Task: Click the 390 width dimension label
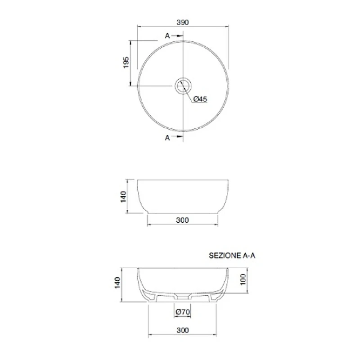pyautogui.click(x=183, y=22)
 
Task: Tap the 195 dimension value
pyautogui.click(x=126, y=62)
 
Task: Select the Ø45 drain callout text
pyautogui.click(x=200, y=99)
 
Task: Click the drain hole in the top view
pyautogui.click(x=183, y=85)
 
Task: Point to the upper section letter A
pyautogui.click(x=167, y=36)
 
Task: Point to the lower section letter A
pyautogui.click(x=167, y=138)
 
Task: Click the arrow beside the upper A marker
pyautogui.click(x=177, y=36)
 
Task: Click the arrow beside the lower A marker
pyautogui.click(x=177, y=137)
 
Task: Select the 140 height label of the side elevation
pyautogui.click(x=123, y=197)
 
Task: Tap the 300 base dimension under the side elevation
pyautogui.click(x=183, y=220)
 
